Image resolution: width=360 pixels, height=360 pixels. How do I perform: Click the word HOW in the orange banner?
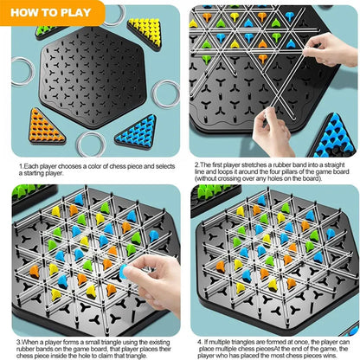pos(29,12)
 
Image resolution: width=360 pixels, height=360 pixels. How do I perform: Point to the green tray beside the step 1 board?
pos(52,31)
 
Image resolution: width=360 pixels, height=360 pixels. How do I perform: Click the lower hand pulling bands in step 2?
pos(275,130)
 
